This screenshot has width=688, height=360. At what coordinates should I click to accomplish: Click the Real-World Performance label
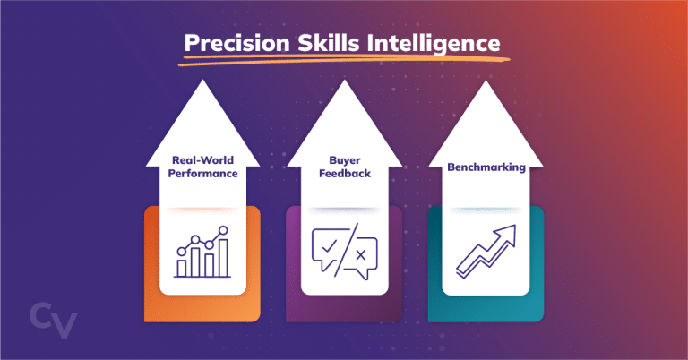[202, 167]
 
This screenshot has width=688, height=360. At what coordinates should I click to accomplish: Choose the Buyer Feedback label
[344, 167]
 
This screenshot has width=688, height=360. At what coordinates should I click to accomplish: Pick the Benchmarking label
[486, 167]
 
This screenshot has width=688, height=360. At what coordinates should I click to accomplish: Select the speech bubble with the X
[361, 257]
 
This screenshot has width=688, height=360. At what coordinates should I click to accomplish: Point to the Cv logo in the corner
[53, 321]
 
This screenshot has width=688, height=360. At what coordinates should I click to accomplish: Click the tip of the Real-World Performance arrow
[202, 82]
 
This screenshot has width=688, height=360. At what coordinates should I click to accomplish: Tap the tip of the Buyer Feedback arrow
[344, 82]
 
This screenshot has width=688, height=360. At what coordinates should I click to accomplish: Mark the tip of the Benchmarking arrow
[486, 82]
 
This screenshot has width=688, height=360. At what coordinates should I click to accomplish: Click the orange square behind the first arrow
[153, 269]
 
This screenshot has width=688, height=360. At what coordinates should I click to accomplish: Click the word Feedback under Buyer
[344, 174]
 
